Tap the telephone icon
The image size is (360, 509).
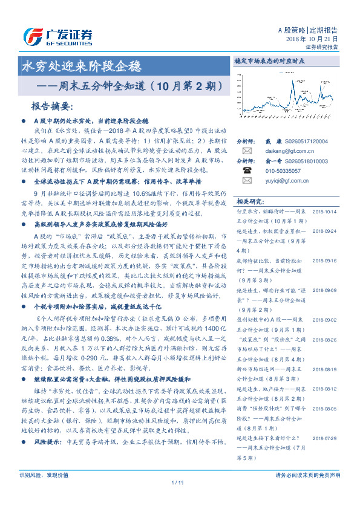(247, 171)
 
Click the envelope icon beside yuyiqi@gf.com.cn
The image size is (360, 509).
(247, 181)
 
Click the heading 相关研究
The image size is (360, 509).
(250, 201)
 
